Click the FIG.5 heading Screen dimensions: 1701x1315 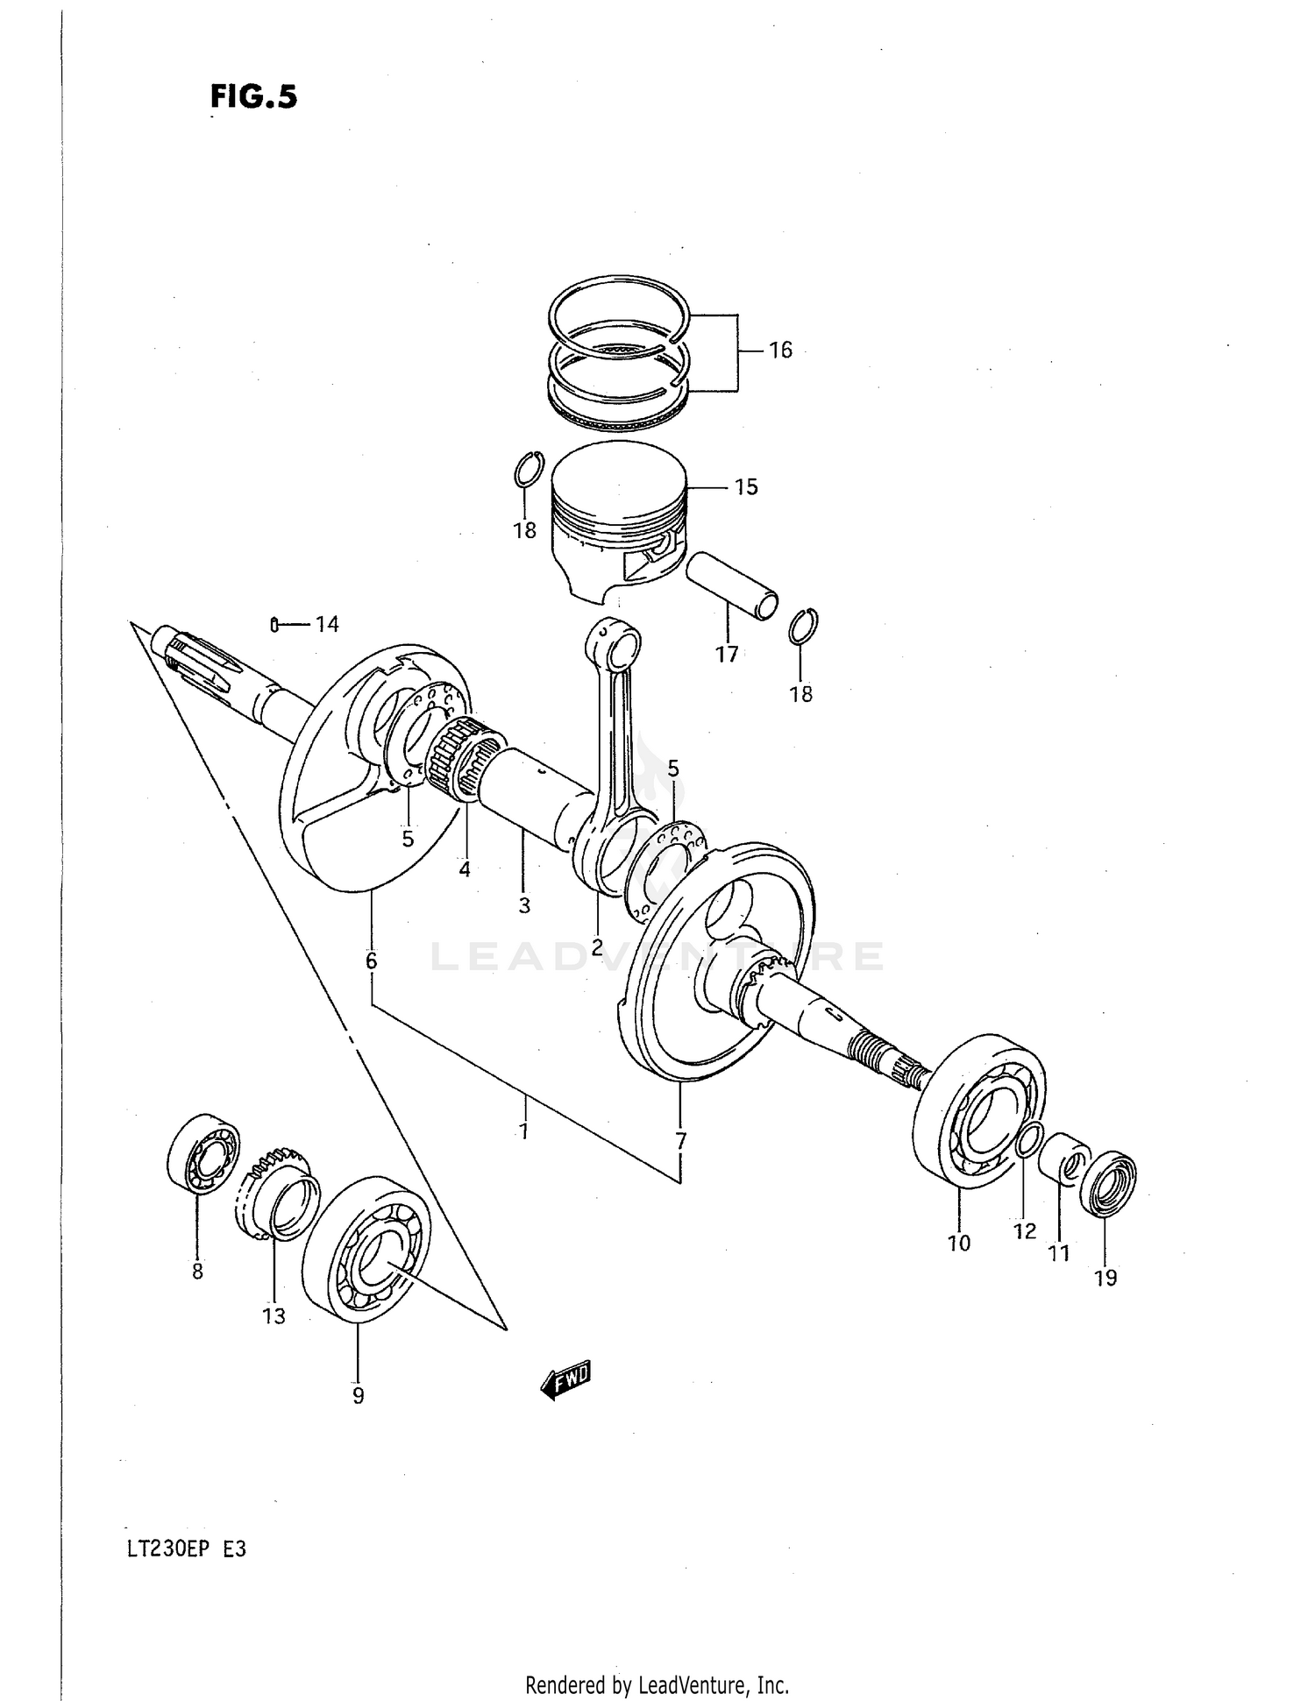click(253, 96)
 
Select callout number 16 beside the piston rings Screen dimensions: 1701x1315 click(779, 351)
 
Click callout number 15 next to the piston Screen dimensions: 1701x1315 click(745, 487)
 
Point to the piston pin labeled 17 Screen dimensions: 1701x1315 click(731, 585)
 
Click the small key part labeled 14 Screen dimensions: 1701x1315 click(274, 625)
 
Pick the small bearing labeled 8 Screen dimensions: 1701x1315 click(203, 1153)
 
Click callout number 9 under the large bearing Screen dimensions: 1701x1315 click(358, 1396)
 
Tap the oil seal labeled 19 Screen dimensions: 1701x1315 click(1108, 1181)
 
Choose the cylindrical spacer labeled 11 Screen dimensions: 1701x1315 click(1063, 1159)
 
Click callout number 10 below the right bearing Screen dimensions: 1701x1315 click(959, 1243)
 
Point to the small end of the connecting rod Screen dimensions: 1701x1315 click(619, 645)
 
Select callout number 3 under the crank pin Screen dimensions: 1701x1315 click(524, 905)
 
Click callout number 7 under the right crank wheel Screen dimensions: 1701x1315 click(680, 1141)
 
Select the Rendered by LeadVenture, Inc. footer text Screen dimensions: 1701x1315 click(657, 1684)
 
